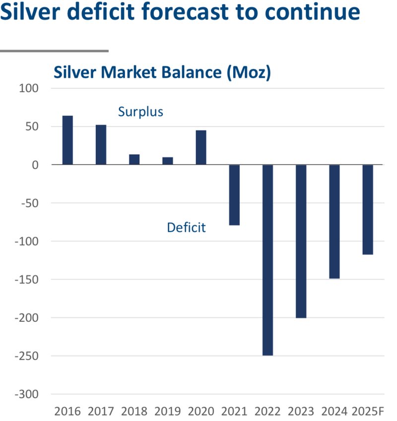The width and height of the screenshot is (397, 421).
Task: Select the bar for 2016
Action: click(67, 140)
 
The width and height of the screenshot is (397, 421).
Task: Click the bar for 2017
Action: click(101, 145)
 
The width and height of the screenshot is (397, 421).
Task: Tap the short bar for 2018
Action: click(134, 159)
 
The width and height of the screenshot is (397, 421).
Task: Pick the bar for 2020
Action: click(201, 147)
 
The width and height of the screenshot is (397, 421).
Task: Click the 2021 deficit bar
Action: click(234, 195)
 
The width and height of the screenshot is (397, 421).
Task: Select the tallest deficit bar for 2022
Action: click(267, 260)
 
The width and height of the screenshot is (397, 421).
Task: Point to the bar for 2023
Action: click(301, 241)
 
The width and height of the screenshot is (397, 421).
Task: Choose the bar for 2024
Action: click(334, 221)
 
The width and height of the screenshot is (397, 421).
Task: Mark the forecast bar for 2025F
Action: click(368, 209)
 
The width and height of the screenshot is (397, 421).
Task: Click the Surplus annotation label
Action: click(140, 112)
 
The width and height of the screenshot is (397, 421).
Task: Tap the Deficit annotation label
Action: click(186, 228)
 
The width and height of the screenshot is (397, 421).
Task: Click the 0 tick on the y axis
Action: click(35, 165)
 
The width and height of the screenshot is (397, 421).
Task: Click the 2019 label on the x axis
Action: click(168, 411)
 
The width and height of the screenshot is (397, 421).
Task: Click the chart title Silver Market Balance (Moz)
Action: click(162, 72)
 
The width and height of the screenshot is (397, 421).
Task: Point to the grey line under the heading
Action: click(54, 51)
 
